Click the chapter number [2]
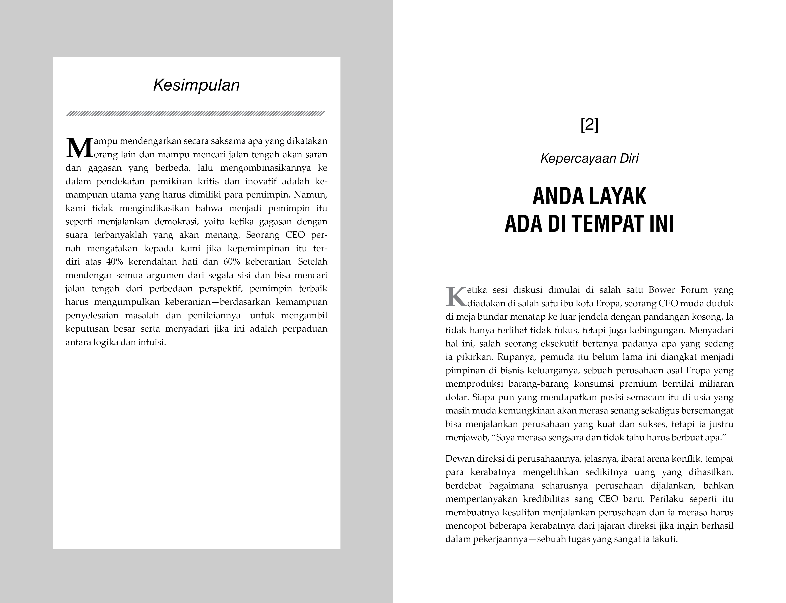(589, 125)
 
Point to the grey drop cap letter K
(456, 297)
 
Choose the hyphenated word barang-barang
(538, 384)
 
